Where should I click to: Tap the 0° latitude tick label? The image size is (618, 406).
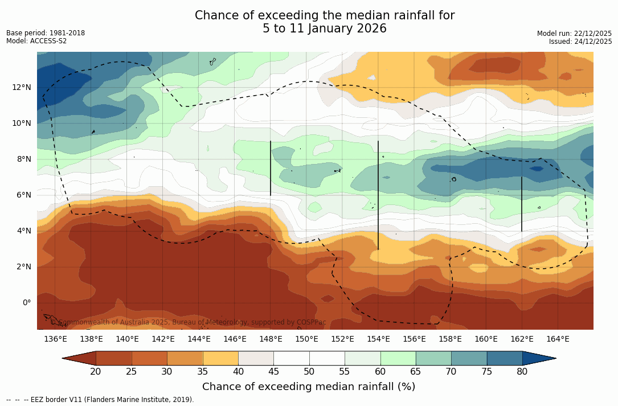[x=26, y=302]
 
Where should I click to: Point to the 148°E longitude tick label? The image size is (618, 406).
[x=271, y=339]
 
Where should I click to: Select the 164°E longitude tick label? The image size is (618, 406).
[x=558, y=339]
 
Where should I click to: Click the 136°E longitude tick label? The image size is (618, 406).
[x=55, y=339]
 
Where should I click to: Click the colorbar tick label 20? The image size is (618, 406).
[x=96, y=372]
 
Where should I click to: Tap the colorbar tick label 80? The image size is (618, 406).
[x=522, y=372]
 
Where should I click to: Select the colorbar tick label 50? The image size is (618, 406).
[x=309, y=372]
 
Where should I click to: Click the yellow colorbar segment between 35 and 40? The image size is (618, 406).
[x=220, y=358]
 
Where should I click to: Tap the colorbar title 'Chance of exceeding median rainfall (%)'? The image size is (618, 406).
[x=309, y=387]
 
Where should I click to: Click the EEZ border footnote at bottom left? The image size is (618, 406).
[x=100, y=400]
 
